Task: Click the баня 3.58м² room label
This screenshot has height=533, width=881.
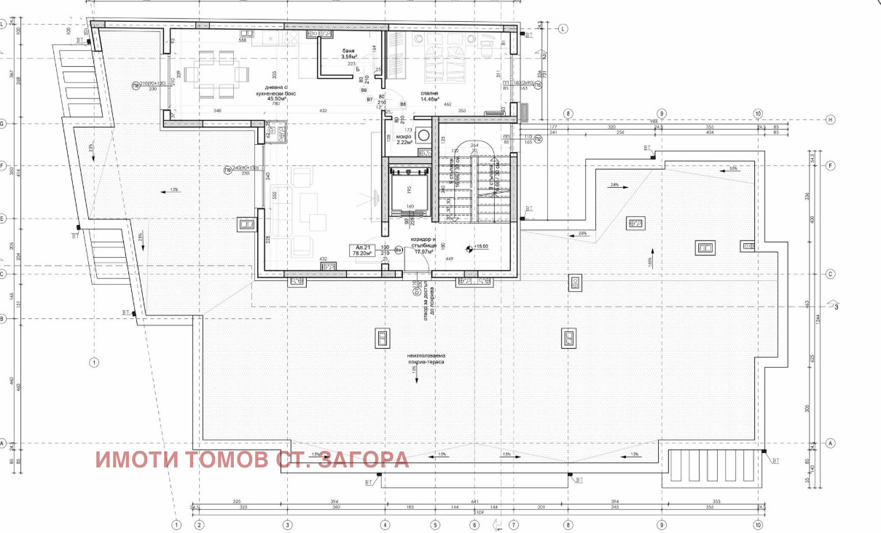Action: tap(348, 53)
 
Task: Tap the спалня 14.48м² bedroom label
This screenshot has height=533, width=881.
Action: tap(428, 96)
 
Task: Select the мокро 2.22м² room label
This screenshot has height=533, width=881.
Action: tap(404, 140)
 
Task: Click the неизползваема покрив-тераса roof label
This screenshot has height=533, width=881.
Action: tap(426, 358)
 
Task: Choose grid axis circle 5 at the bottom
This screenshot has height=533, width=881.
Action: tap(435, 524)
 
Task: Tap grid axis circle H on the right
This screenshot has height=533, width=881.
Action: tap(829, 119)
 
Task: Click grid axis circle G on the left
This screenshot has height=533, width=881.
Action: tap(3, 125)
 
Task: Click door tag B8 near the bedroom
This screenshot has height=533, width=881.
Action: tap(404, 104)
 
